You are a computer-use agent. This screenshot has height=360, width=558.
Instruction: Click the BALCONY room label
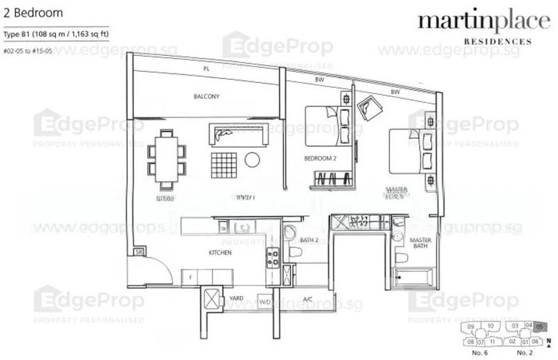coord(206,97)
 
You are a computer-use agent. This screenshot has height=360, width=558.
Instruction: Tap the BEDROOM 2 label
coord(320,159)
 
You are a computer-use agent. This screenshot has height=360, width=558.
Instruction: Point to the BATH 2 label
coord(309,241)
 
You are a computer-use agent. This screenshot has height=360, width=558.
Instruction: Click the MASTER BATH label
coord(421,241)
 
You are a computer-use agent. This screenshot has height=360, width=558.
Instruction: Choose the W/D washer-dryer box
coord(265,302)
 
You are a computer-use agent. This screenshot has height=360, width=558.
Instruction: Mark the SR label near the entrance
coord(139,251)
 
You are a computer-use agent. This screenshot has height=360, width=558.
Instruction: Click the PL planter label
coord(206,69)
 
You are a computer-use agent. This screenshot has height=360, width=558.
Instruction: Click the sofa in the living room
coord(241,135)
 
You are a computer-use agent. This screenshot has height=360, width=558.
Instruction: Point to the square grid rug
coord(226,165)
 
